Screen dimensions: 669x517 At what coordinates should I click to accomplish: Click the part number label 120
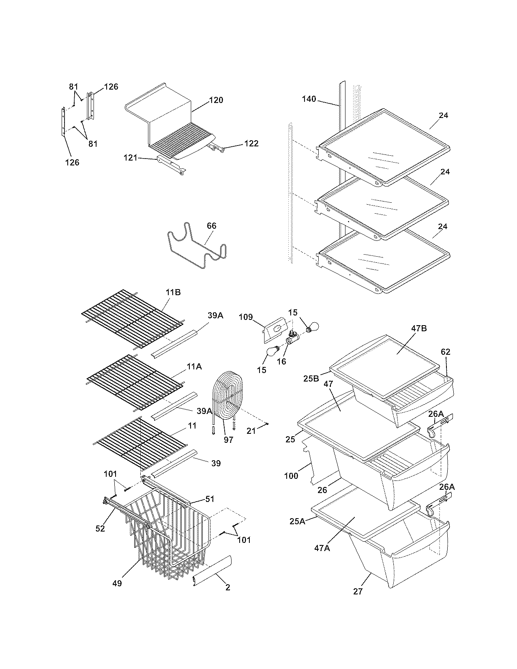tap(216, 100)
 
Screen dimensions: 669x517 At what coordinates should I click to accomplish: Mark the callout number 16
tap(281, 361)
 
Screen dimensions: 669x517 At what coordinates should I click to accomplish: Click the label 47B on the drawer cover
tap(419, 328)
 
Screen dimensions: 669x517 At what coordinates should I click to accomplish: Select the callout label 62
tap(445, 352)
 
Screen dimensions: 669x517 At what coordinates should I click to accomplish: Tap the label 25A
tap(298, 521)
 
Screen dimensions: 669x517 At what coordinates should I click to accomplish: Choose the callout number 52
tap(100, 528)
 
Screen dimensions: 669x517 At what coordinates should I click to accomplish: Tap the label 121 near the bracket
tap(131, 158)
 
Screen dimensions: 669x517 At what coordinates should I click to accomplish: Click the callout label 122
tap(251, 144)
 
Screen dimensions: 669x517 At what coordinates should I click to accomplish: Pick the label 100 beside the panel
tap(291, 476)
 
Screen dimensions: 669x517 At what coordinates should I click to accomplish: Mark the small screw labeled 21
tap(268, 424)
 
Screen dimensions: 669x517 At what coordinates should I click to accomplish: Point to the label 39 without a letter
tap(216, 463)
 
